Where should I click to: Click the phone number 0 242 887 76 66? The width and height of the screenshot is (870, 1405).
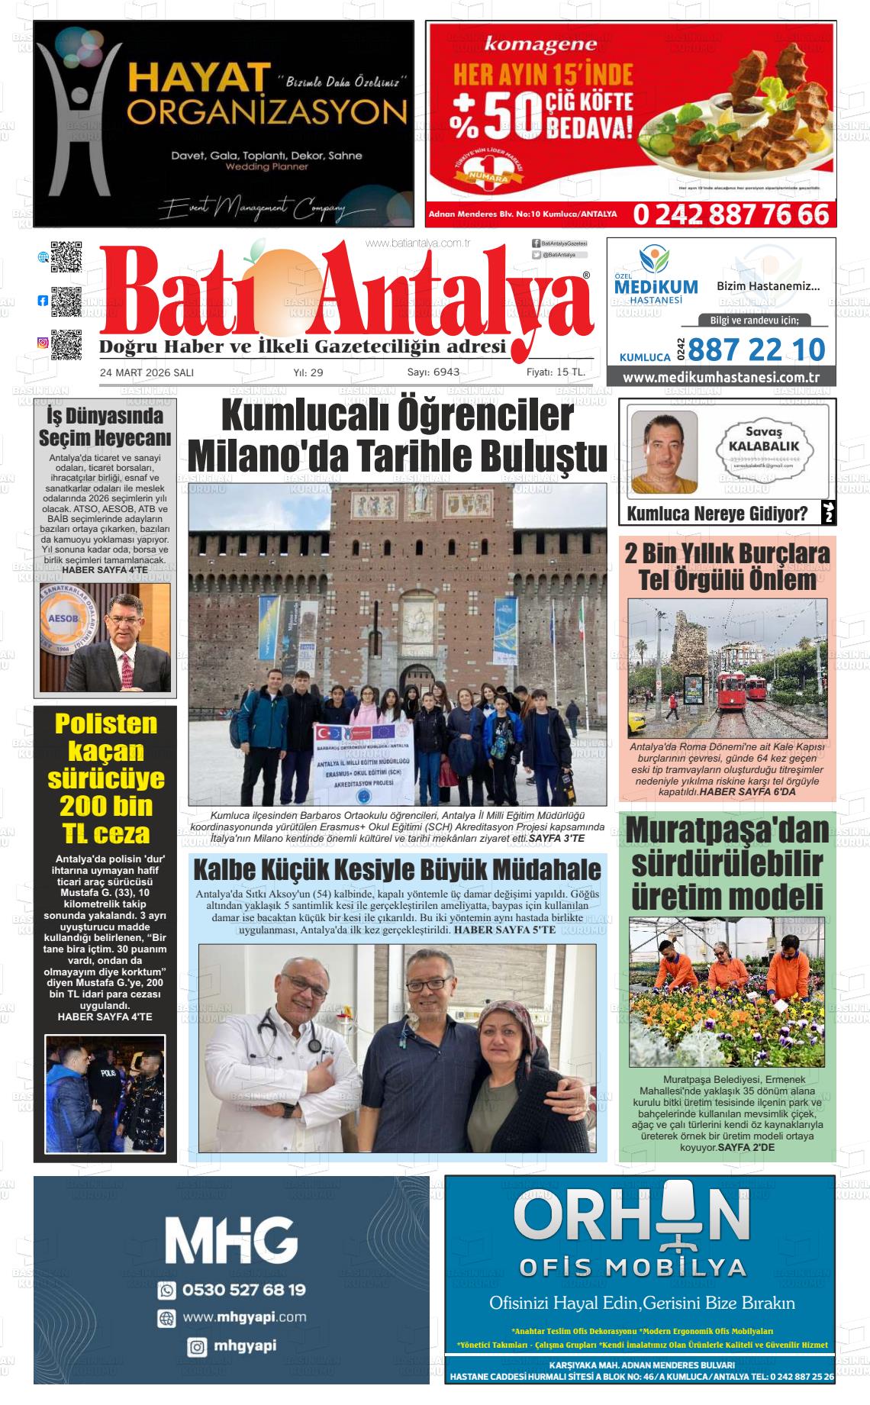pos(730,214)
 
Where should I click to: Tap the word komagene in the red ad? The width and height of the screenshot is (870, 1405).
pos(540,45)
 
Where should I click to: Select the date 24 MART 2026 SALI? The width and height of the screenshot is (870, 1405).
pos(147,372)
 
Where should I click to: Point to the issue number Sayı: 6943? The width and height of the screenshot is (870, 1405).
pos(433,372)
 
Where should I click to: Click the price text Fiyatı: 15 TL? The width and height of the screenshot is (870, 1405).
pos(556,372)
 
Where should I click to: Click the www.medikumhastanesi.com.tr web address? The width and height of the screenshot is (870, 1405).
pos(720,378)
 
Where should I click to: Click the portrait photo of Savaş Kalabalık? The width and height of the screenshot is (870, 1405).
pos(663,452)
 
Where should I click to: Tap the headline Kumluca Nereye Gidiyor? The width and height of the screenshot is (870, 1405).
pos(717,514)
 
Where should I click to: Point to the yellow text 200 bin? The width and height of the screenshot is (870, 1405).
pos(105,805)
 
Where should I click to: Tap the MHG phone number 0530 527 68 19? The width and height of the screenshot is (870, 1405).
pos(243,1290)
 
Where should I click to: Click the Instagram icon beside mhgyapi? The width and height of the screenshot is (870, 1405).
pos(197,1347)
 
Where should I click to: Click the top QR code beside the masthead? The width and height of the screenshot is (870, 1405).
pos(66,257)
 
